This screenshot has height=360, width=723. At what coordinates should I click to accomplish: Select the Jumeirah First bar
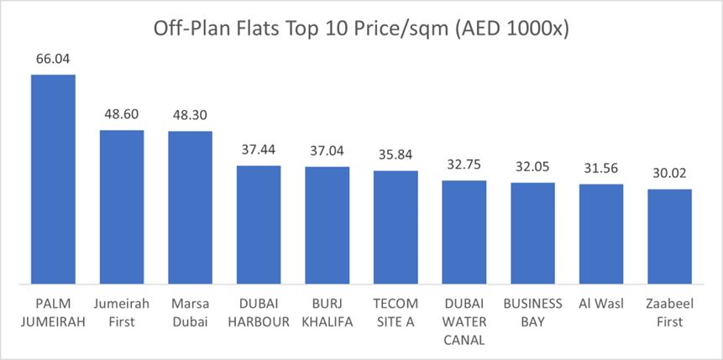[122, 206]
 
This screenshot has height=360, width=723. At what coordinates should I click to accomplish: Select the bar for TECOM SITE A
[396, 227]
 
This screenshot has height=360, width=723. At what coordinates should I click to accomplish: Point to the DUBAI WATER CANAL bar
[464, 232]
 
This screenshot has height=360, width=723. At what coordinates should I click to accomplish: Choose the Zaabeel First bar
[669, 236]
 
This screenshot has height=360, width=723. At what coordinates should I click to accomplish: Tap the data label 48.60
[122, 116]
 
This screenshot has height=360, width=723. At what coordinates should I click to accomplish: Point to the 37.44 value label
[259, 152]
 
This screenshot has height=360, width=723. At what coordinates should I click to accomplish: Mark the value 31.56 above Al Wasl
[601, 170]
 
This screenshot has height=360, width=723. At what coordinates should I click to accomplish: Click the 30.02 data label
[669, 175]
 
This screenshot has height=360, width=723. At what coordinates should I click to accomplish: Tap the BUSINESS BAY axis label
[532, 312]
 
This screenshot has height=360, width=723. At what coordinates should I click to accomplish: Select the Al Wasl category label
[601, 304]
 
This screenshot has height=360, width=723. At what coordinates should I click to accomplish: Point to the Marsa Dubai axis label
[190, 312]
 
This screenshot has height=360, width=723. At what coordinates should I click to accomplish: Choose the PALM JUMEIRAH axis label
[53, 312]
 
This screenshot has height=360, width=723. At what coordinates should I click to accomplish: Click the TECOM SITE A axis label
[396, 312]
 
